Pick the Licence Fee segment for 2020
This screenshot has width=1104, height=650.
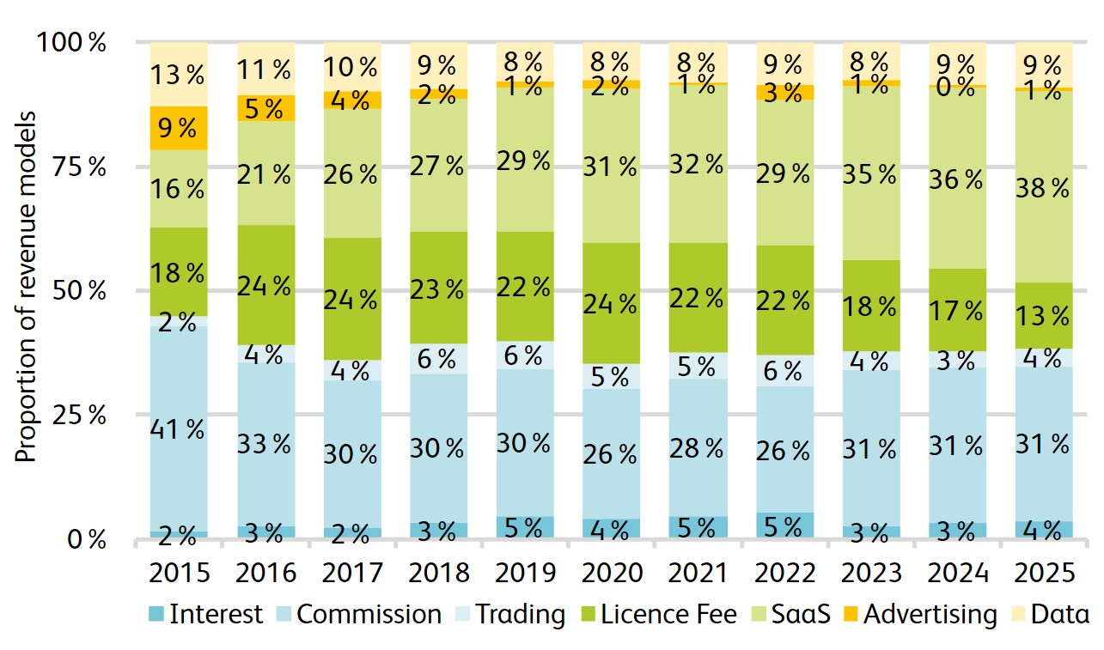point(611,303)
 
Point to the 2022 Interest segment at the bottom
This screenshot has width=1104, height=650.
point(784,525)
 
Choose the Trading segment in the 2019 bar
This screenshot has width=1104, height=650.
point(524,355)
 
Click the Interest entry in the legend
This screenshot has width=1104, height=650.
point(206,615)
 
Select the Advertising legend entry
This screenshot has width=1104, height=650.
point(919,615)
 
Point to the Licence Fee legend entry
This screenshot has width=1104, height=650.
point(656,615)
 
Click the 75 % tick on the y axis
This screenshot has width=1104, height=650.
point(84,167)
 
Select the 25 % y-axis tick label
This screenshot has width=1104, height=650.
point(84,415)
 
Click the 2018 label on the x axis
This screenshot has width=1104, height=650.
point(438,573)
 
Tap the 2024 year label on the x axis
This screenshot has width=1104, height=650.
point(956,573)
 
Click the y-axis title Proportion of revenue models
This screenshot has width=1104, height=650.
point(27,286)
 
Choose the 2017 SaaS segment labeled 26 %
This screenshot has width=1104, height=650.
point(351,174)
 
